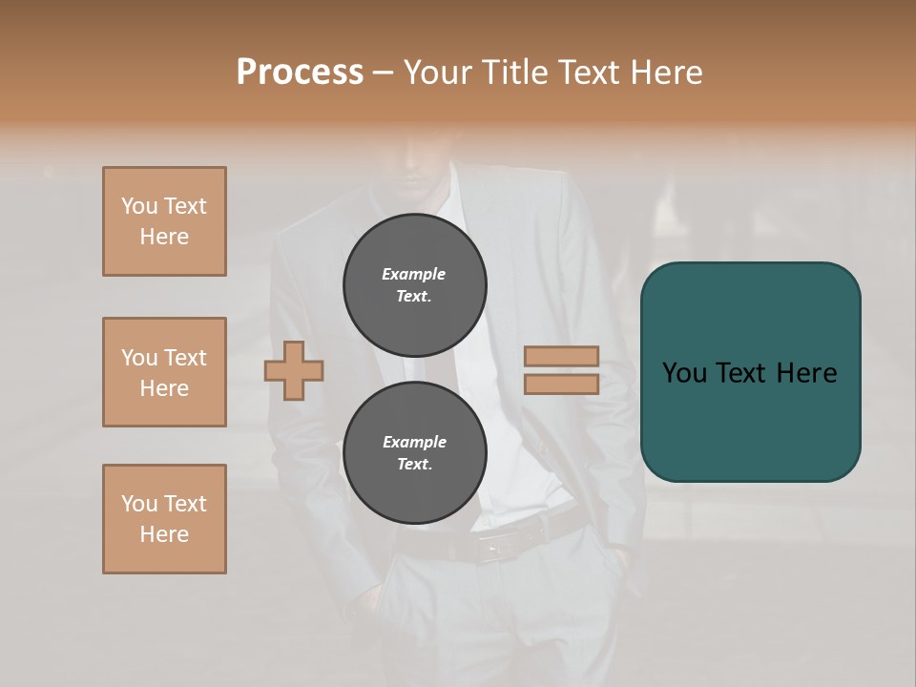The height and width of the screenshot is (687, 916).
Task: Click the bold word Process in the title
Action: tap(300, 72)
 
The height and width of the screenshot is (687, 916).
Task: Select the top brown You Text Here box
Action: tap(164, 221)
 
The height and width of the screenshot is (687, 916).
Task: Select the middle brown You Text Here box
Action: tap(164, 372)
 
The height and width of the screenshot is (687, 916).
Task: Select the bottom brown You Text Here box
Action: tap(164, 519)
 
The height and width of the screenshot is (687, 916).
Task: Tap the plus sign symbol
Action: tap(294, 371)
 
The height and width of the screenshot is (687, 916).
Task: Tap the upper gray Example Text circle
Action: tap(414, 285)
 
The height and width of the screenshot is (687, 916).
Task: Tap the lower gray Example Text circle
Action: tap(414, 453)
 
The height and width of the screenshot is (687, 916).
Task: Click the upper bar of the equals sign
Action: tap(561, 357)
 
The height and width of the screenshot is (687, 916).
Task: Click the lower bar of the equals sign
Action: tap(561, 385)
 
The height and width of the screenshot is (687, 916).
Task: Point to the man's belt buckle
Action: tap(498, 546)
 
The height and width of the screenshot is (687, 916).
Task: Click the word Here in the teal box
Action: tap(806, 373)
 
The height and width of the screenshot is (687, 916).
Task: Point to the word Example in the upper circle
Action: tap(414, 274)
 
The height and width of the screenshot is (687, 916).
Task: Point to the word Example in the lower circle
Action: tap(414, 442)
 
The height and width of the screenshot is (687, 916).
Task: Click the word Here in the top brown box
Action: tap(164, 237)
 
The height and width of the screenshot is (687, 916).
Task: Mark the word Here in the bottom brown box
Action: tap(164, 534)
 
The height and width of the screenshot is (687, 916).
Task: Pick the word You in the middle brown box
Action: tap(139, 358)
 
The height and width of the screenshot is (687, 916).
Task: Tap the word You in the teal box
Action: tap(684, 373)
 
